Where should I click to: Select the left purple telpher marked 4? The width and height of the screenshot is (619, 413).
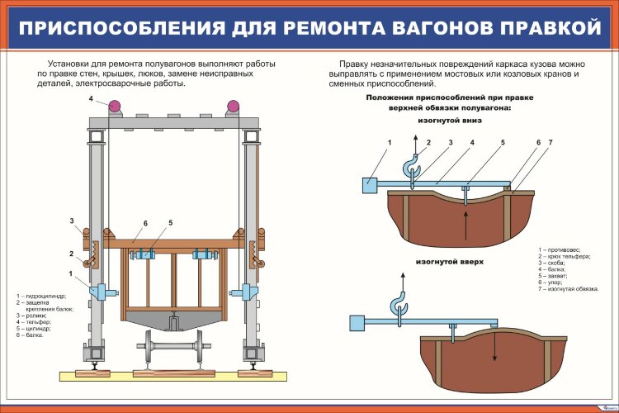click(x=113, y=105)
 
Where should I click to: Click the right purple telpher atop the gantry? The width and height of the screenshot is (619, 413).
click(x=234, y=105)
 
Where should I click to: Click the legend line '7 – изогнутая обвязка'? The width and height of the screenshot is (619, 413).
click(x=569, y=288)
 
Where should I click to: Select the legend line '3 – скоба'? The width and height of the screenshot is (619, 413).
click(x=553, y=263)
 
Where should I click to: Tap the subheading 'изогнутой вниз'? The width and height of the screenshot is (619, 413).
click(x=450, y=120)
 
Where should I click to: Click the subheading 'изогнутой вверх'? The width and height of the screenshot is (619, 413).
click(x=450, y=261)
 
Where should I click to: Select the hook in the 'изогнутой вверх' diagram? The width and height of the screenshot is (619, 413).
click(x=401, y=305)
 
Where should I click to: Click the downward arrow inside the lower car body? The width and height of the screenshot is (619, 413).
click(x=494, y=347)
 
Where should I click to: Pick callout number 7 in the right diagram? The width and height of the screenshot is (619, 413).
click(x=550, y=143)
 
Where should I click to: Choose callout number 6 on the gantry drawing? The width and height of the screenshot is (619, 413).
click(x=144, y=224)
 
